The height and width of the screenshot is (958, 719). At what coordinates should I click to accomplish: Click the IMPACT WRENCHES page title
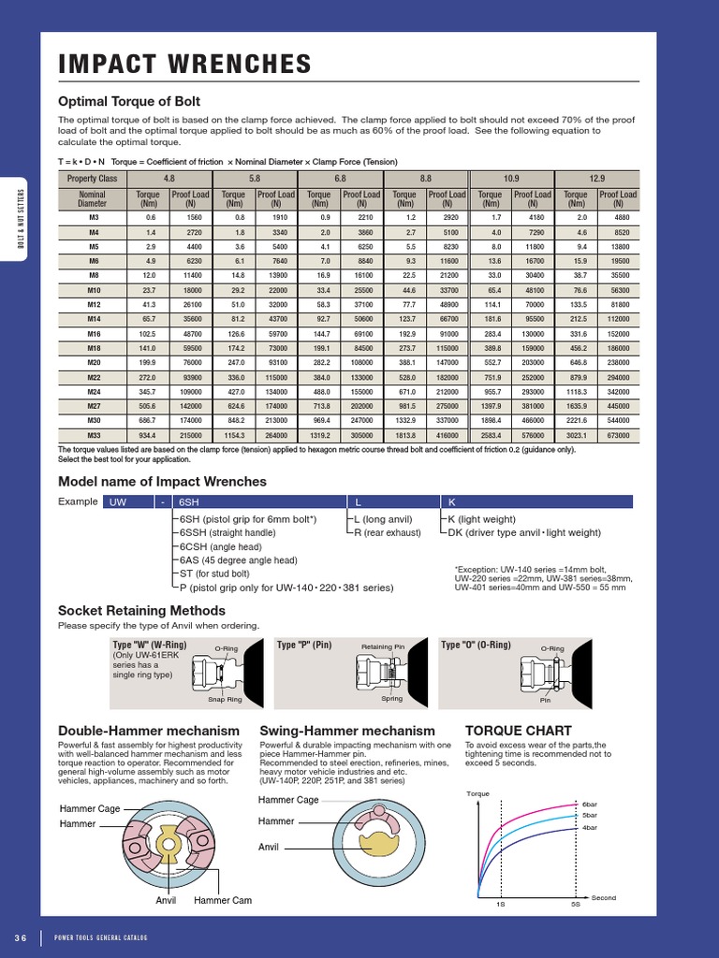tap(184, 65)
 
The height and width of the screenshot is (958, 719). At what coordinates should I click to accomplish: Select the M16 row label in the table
tap(94, 333)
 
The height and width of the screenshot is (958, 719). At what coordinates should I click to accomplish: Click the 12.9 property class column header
tap(597, 177)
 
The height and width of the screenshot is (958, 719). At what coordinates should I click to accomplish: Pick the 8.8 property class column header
tap(425, 177)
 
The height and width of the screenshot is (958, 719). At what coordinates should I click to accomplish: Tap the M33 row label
tap(94, 436)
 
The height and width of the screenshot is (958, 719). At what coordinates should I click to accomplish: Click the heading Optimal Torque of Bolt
tap(129, 101)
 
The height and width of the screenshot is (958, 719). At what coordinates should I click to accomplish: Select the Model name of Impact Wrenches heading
tap(162, 481)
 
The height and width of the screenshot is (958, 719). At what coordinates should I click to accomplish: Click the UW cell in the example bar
tap(118, 502)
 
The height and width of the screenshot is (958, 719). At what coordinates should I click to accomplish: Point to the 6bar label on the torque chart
tap(589, 804)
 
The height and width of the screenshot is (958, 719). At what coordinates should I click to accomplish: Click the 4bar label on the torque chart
tap(589, 828)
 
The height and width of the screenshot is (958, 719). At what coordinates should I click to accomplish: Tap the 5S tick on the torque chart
tap(575, 905)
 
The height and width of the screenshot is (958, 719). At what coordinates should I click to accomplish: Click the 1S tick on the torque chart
tap(501, 905)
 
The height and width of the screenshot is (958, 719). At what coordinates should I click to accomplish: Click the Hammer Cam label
tap(223, 900)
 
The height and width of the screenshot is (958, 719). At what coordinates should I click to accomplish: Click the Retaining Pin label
tap(383, 646)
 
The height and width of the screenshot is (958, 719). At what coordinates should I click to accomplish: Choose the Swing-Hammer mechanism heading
tap(347, 730)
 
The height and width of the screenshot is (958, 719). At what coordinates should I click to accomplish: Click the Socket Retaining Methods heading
tap(143, 611)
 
